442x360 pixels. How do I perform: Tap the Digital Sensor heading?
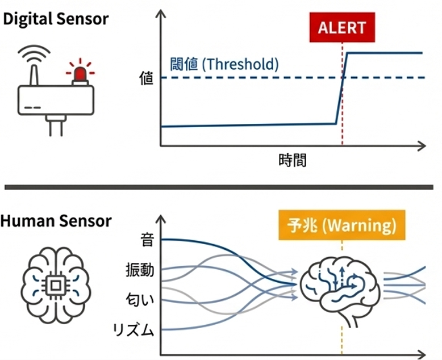[x=56, y=19]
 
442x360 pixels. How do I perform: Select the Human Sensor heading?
[x=56, y=221]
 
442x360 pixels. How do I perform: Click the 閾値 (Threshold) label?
[x=224, y=64]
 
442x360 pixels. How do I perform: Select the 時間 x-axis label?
[x=293, y=160]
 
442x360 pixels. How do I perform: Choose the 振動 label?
[x=140, y=270]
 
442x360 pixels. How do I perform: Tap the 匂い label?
[x=140, y=299]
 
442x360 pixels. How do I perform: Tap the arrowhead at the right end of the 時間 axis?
[x=422, y=146]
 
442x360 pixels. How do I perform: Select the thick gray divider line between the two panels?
[x=221, y=187]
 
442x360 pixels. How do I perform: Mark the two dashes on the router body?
[x=34, y=107]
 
